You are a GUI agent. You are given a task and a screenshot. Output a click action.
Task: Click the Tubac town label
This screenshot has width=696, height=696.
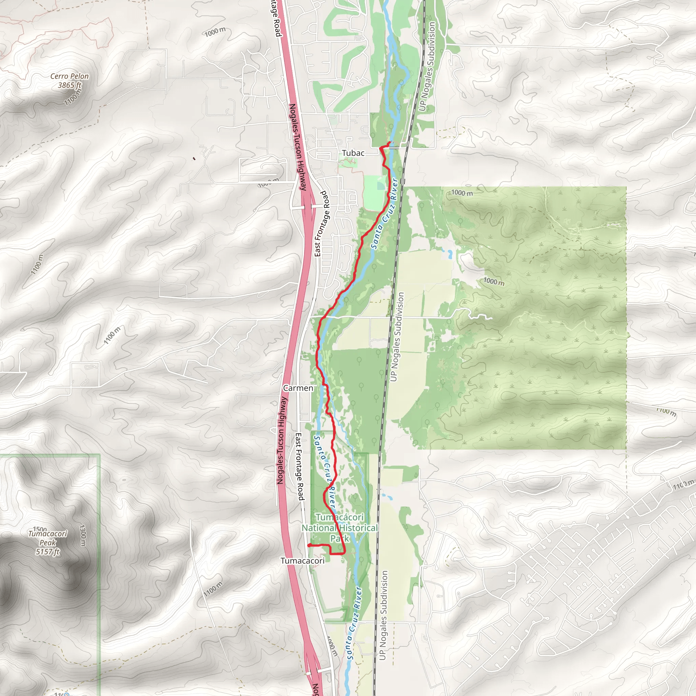tap(353, 153)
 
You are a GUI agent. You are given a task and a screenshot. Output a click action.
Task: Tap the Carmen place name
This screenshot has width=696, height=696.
tap(298, 388)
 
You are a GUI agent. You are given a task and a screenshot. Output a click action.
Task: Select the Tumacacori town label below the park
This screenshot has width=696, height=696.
tap(302, 561)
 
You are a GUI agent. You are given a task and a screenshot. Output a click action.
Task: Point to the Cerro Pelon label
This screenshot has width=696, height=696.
tap(69, 76)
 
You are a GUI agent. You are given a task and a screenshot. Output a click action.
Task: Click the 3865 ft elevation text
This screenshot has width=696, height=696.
tap(70, 85)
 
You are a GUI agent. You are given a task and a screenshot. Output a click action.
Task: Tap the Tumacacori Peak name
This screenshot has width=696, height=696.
tap(48, 538)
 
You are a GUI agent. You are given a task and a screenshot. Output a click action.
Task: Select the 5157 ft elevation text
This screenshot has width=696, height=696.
tap(48, 552)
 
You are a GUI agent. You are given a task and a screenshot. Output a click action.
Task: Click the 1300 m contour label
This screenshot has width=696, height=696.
tap(83, 535)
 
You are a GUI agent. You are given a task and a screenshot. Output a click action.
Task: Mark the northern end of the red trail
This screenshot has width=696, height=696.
tap(389, 143)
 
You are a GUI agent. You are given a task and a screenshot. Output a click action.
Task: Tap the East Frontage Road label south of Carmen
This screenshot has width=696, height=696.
tap(300, 467)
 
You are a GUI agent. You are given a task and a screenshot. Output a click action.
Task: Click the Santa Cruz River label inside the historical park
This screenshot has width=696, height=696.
tap(325, 472)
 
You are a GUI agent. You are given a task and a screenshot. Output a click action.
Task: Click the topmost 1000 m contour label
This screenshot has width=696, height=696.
tap(215, 32)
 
